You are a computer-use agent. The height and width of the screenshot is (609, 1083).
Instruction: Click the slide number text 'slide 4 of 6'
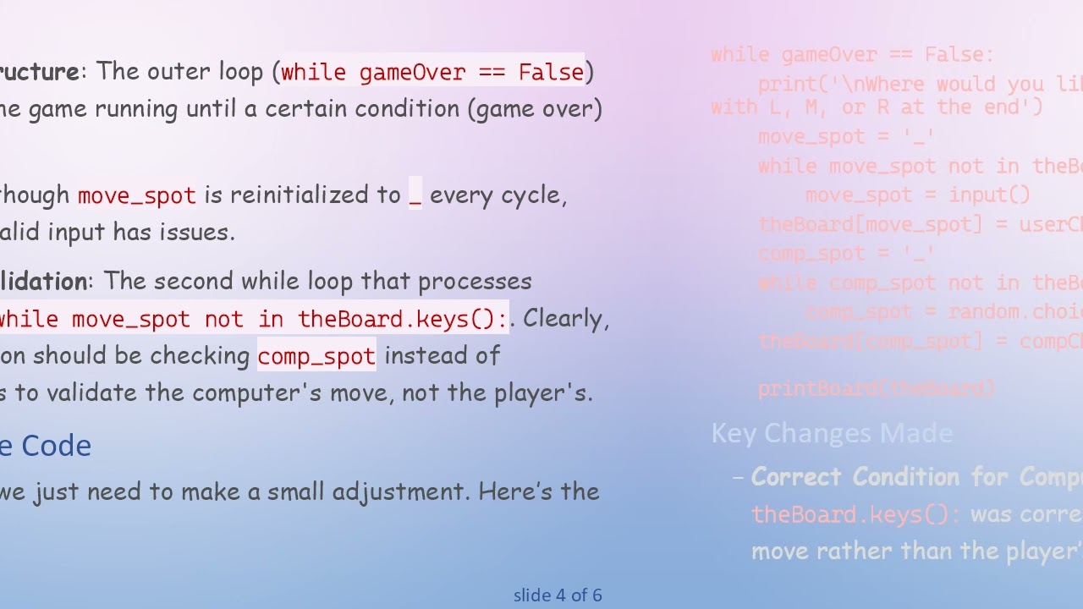[558, 595]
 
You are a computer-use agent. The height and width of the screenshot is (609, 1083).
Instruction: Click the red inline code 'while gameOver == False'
[432, 72]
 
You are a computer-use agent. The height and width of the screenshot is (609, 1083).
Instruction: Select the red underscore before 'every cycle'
[415, 195]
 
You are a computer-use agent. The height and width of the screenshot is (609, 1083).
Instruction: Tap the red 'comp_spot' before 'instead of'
[316, 356]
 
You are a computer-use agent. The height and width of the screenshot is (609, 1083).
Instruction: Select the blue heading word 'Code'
[57, 446]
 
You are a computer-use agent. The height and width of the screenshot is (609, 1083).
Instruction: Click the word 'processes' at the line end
[475, 282]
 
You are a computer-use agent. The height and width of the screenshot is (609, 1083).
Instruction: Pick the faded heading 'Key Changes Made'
[832, 434]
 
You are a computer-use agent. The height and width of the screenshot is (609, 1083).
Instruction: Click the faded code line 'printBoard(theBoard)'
[877, 388]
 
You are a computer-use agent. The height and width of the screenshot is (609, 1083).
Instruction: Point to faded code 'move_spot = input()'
[918, 195]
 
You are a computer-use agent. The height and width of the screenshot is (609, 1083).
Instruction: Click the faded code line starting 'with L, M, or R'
[877, 107]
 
